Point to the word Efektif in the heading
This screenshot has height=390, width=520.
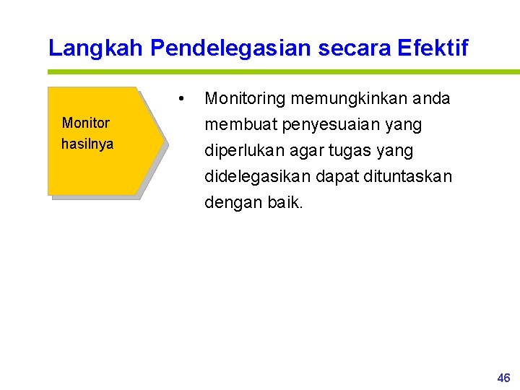pos(433,48)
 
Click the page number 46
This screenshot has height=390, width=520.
pos(503,378)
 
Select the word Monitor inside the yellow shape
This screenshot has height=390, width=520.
pos(86,123)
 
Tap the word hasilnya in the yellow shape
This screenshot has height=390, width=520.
pos(87,144)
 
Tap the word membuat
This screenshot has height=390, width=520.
pos(240,125)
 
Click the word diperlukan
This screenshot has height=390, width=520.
pos(240,151)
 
